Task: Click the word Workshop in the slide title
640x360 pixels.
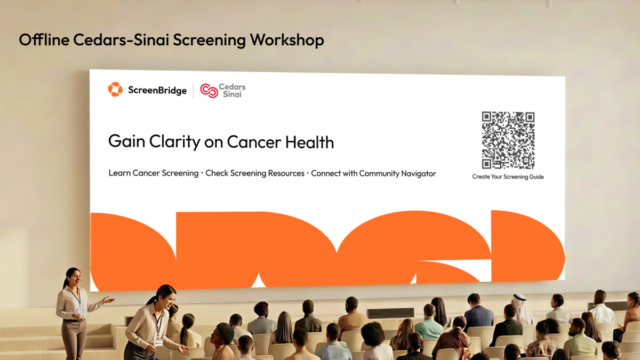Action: click(287, 40)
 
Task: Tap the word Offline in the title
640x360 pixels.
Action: click(44, 39)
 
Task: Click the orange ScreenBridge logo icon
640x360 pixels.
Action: click(115, 90)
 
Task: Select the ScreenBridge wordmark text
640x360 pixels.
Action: click(157, 90)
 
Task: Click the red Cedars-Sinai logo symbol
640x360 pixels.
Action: click(209, 91)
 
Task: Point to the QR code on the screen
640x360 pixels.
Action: click(508, 140)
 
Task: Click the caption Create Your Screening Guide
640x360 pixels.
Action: click(508, 177)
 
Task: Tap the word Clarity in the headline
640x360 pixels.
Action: click(174, 142)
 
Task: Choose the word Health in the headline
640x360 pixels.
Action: click(309, 142)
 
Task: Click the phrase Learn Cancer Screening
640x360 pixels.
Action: click(154, 173)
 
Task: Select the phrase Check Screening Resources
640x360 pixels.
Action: click(255, 173)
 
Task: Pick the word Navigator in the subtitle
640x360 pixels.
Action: click(419, 174)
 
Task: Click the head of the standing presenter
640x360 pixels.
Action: click(73, 276)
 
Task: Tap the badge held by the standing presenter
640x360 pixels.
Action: click(81, 313)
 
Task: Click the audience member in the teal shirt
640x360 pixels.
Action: click(429, 322)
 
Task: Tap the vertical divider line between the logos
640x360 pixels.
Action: click(194, 90)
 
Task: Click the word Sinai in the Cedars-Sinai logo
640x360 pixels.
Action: click(232, 94)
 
